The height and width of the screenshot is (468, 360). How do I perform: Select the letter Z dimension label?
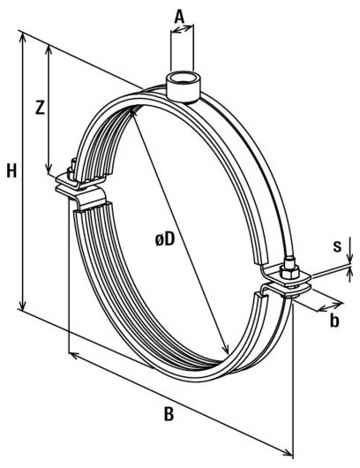[x=39, y=109]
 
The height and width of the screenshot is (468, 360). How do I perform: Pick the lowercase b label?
[x=334, y=321]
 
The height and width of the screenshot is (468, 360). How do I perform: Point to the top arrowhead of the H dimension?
[x=22, y=37]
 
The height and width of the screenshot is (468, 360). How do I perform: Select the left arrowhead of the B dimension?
[x=71, y=355]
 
